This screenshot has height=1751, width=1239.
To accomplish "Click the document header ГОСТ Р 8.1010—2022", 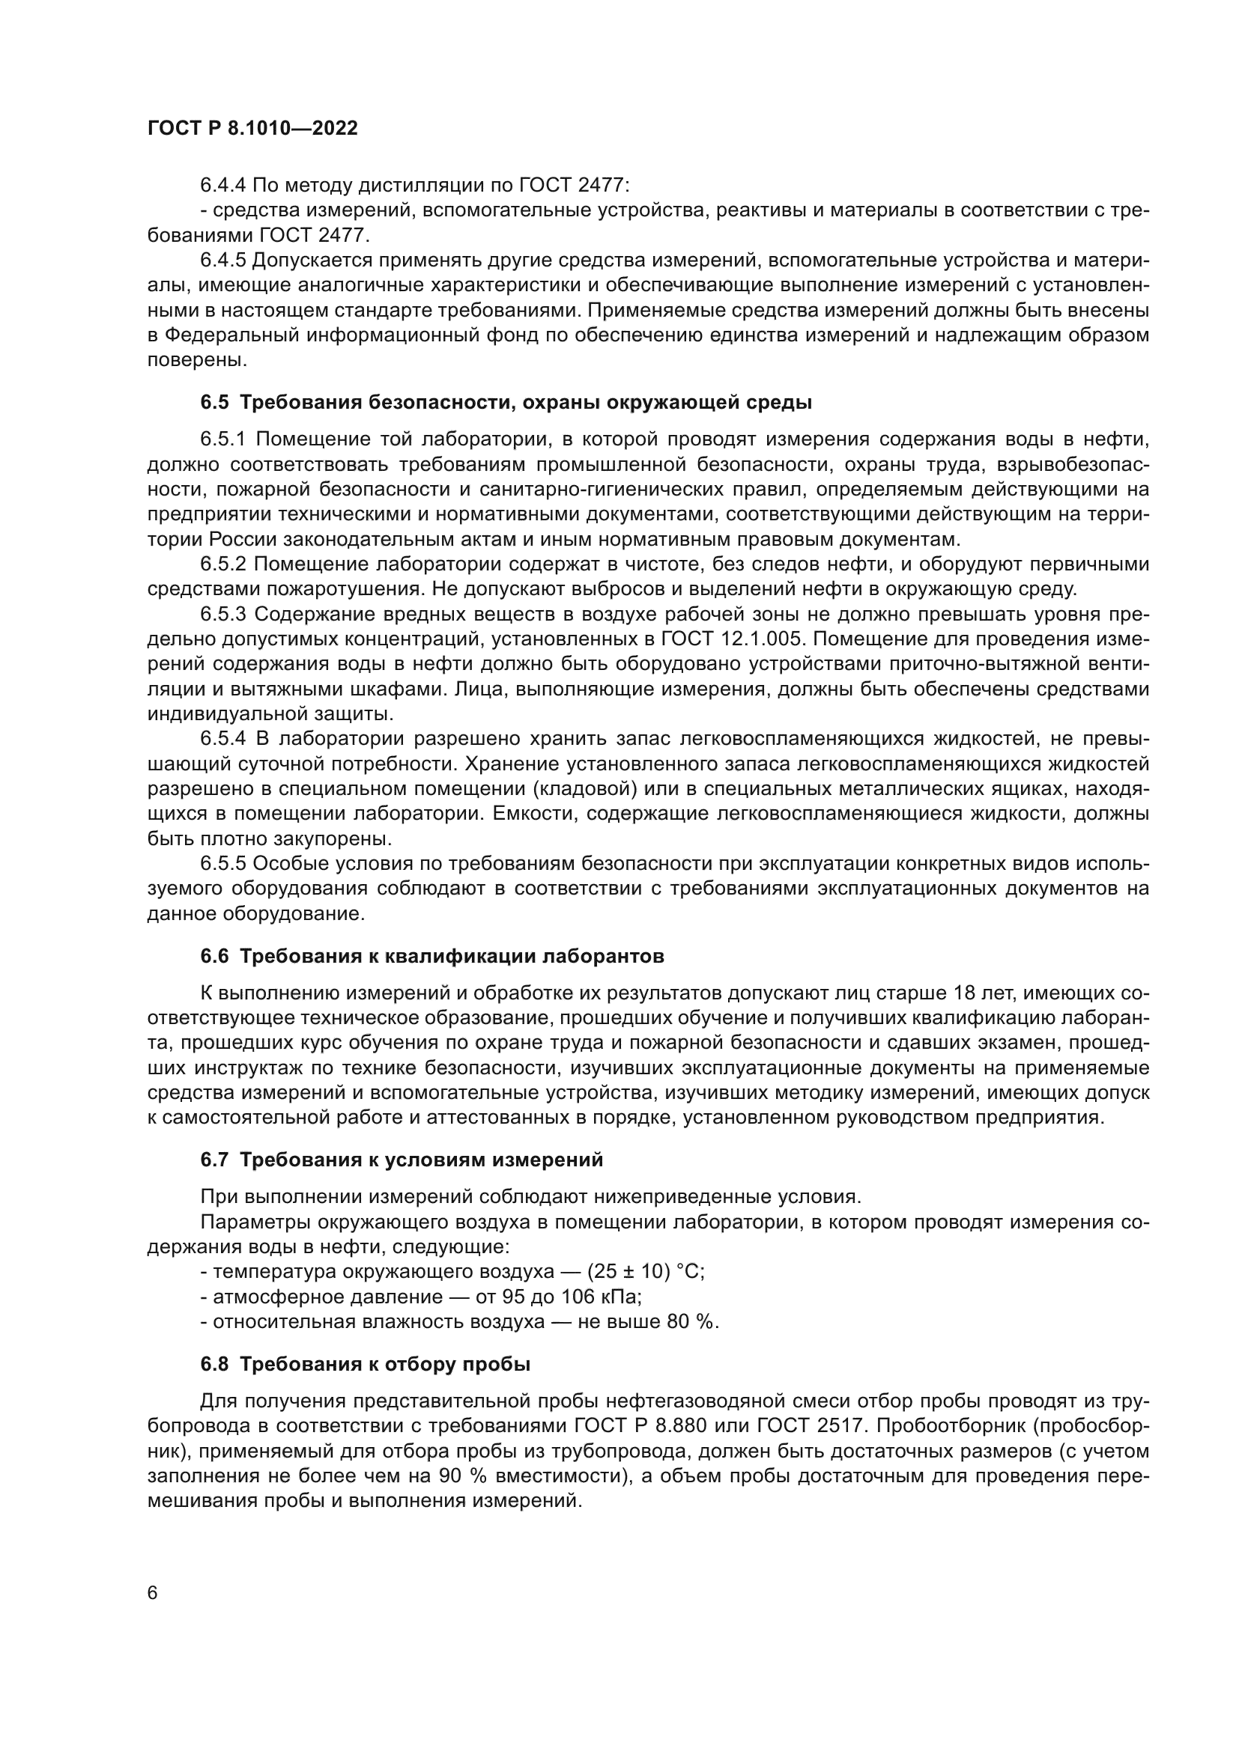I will tap(252, 129).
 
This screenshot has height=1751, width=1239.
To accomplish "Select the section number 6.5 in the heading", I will tap(214, 402).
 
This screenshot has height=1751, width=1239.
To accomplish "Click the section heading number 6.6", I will tap(214, 955).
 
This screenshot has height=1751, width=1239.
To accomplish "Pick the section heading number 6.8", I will tap(214, 1363).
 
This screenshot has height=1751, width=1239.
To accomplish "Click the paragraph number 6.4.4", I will tap(223, 186).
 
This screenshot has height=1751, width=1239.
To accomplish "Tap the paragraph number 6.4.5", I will tap(223, 260).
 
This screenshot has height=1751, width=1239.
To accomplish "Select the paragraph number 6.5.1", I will tap(223, 439).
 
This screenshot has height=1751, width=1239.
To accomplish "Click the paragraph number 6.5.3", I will tap(223, 615).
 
